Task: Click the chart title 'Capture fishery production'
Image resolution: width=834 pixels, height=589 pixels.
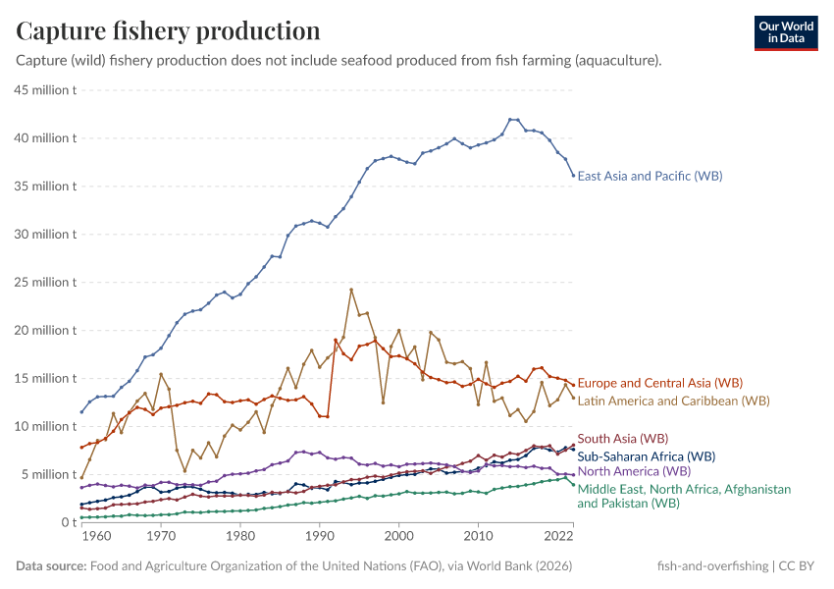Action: [168, 30]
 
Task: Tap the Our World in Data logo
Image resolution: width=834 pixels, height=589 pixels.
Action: [786, 32]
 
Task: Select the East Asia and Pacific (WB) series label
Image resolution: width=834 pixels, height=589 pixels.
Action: [650, 176]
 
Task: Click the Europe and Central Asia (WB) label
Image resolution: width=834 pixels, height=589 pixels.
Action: [659, 383]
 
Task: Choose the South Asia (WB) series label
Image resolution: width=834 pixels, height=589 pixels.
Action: [622, 439]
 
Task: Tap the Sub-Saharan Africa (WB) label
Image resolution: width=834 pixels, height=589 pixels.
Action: [646, 456]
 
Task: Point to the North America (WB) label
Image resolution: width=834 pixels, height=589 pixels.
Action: [634, 472]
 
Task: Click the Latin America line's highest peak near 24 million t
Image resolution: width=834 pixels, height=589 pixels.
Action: [351, 290]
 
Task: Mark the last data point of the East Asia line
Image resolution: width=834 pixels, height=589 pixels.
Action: [573, 176]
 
